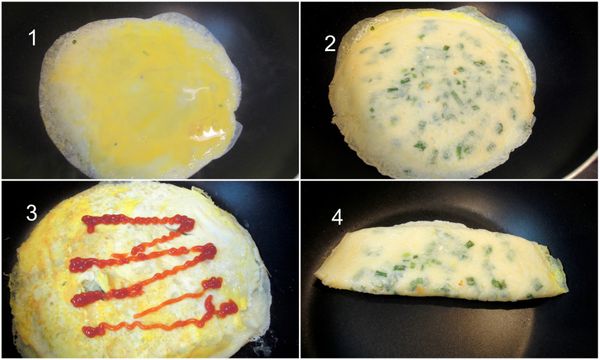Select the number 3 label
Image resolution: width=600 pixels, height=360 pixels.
33,213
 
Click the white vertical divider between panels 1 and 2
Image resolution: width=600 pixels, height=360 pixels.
300,90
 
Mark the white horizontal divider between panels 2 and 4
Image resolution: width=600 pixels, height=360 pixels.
450,180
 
